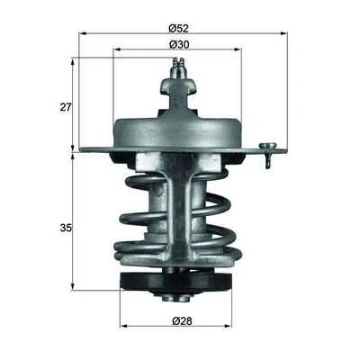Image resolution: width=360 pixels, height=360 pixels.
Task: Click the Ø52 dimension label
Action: point(178,29)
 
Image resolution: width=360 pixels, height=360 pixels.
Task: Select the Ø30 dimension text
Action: point(179,45)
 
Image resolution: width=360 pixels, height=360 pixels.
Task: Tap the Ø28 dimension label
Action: point(182,321)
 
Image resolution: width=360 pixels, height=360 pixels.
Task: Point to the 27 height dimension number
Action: point(66,107)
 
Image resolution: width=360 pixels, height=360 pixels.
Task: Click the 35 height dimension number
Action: point(66,228)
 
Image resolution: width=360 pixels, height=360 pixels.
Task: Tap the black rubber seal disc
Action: point(176,281)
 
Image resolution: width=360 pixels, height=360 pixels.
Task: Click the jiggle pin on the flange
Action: point(268,155)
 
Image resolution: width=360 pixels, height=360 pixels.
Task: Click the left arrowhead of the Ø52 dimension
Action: point(82,34)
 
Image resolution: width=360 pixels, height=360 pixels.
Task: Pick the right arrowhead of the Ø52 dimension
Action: point(283,34)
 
